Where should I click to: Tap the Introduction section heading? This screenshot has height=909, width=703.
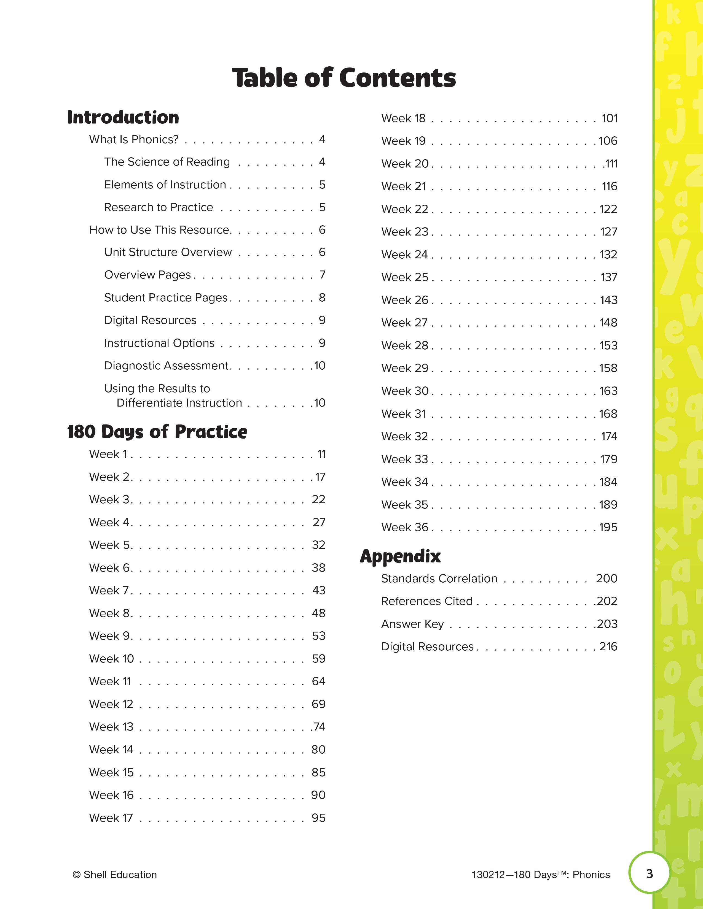point(123,117)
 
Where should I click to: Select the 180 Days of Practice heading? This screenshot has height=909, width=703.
point(157,432)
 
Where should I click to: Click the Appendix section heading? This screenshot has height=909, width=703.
point(400,556)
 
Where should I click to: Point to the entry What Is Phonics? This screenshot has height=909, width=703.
point(134,139)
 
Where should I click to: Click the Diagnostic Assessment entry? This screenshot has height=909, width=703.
point(167,366)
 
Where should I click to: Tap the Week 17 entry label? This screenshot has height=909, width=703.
point(111,818)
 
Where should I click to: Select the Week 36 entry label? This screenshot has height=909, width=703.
point(404,527)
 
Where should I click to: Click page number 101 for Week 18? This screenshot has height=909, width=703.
point(609,118)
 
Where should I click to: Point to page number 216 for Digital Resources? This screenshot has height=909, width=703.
point(608,646)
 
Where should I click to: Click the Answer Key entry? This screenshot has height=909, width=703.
point(412,624)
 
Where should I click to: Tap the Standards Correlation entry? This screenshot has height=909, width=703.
point(439,578)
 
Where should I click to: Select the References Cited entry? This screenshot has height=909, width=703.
point(427,601)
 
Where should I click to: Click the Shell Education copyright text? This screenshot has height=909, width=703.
point(114,875)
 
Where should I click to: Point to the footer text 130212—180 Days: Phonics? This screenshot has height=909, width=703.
point(541,875)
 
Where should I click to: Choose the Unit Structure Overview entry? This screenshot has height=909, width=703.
point(168,252)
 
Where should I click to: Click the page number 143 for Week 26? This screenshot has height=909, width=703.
point(608,300)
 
